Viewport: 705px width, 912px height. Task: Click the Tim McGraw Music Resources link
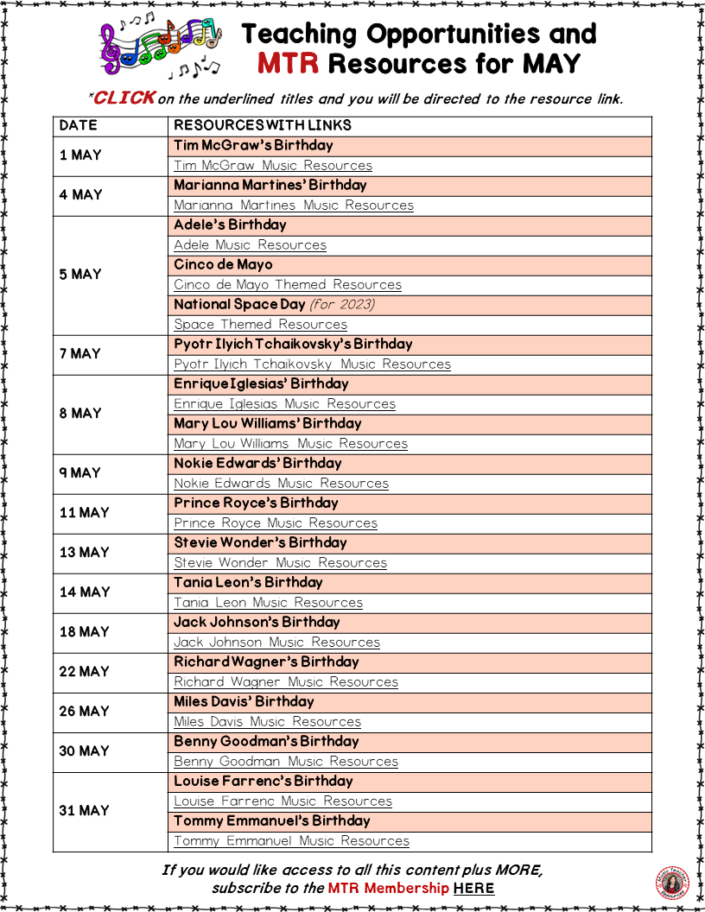[x=273, y=165]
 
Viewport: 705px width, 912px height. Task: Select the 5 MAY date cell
[x=80, y=275]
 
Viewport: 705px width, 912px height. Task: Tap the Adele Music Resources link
[x=250, y=244]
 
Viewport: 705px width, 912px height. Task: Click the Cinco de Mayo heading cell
[x=223, y=264]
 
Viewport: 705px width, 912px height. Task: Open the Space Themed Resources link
[x=260, y=324]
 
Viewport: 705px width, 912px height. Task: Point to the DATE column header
[x=79, y=125]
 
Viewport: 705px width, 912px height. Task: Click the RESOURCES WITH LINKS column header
[x=263, y=125]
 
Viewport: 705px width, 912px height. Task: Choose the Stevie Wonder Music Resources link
[x=280, y=562]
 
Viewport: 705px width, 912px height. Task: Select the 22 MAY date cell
[x=84, y=672]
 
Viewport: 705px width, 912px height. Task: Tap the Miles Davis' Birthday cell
[x=244, y=701]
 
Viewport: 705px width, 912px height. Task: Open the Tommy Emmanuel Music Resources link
[x=291, y=840]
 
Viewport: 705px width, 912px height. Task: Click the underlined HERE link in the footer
[x=473, y=888]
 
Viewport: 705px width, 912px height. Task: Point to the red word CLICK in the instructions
[x=124, y=98]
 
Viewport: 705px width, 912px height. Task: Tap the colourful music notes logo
[x=162, y=47]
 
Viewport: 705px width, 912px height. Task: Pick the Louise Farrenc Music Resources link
[x=283, y=801]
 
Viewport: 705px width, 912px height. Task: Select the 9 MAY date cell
[x=80, y=473]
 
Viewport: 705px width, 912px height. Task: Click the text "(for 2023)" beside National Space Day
[x=342, y=304]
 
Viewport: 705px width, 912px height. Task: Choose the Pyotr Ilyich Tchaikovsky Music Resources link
[x=312, y=364]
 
